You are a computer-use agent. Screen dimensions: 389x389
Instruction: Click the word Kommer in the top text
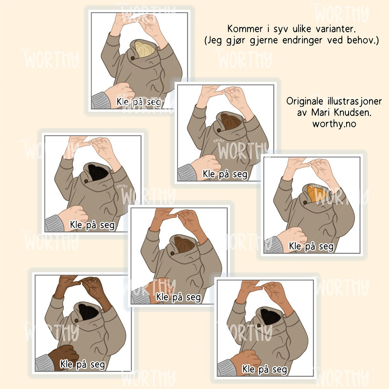click(x=245, y=29)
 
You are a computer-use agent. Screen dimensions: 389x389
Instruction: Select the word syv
click(x=281, y=30)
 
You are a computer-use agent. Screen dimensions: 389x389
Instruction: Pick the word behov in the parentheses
click(x=361, y=40)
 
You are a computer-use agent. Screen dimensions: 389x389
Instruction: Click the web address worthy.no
click(x=334, y=124)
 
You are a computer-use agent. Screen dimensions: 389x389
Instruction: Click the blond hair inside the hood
click(x=144, y=49)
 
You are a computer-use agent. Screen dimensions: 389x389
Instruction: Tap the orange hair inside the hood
click(x=316, y=193)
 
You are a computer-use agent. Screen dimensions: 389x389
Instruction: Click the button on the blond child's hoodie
click(x=133, y=58)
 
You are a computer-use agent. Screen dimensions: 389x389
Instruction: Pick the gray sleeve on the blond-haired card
click(x=101, y=101)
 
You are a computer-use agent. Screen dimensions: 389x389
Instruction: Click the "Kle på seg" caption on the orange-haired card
click(x=311, y=246)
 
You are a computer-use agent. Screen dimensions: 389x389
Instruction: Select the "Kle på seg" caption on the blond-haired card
click(x=139, y=102)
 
